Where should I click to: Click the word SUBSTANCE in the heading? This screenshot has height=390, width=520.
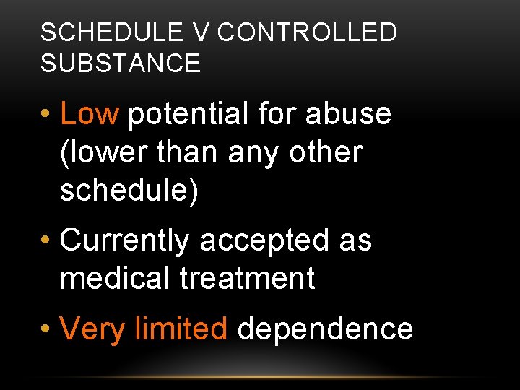121,64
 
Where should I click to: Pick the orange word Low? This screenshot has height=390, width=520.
89,114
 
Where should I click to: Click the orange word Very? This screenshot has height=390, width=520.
92,329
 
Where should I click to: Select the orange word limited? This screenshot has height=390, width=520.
181,329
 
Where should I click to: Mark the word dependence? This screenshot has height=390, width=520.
325,329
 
